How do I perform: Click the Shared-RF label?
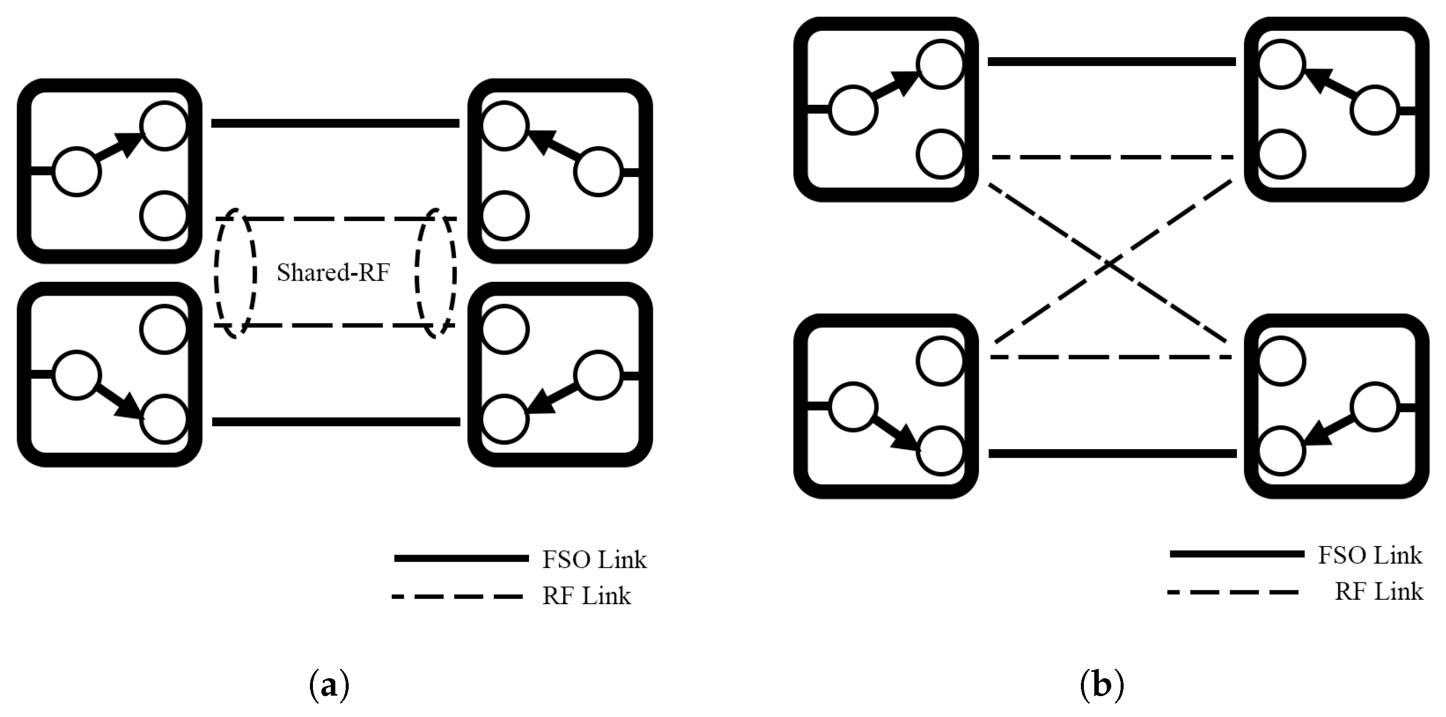333,273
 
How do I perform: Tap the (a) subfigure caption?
329,686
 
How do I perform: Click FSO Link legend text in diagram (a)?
594,560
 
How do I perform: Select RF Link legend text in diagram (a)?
586,596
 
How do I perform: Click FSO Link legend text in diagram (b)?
1370,556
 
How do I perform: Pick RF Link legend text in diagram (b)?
1378,592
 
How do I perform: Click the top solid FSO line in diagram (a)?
335,123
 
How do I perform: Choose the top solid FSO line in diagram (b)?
1111,61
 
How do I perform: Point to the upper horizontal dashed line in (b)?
1111,157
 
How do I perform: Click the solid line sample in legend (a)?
461,558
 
